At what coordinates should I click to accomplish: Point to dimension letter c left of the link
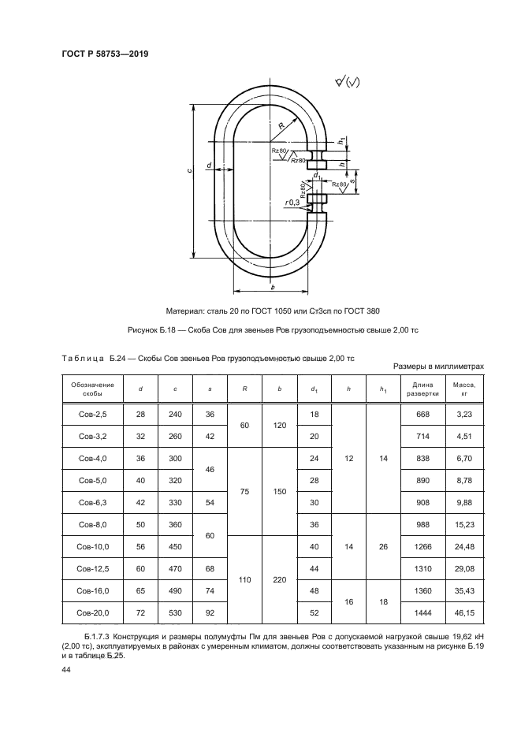(x=180, y=172)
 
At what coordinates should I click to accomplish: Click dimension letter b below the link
(x=270, y=286)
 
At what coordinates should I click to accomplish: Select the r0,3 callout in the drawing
(x=293, y=203)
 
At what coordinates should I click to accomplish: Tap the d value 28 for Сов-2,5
(x=140, y=415)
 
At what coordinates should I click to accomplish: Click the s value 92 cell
(x=210, y=612)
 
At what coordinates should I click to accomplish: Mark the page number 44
(x=66, y=669)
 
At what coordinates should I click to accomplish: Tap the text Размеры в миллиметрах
(x=437, y=367)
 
